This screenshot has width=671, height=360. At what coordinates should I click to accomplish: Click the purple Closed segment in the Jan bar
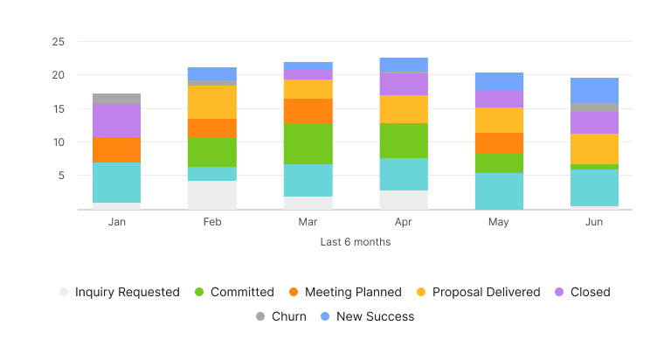click(x=116, y=121)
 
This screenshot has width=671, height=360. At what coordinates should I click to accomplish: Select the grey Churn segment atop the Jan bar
click(x=116, y=99)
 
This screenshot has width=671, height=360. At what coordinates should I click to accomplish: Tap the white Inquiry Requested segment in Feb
click(x=211, y=195)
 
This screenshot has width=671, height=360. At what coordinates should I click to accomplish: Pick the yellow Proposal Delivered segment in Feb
click(x=211, y=102)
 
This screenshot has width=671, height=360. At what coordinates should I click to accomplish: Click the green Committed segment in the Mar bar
click(x=308, y=143)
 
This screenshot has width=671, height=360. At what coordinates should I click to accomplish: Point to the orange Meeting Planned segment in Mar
click(x=308, y=111)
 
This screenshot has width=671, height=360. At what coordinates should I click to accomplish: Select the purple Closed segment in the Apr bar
click(x=403, y=84)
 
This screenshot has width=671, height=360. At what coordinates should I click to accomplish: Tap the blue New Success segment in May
click(x=499, y=81)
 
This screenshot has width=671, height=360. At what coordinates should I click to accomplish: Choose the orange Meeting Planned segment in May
click(x=499, y=143)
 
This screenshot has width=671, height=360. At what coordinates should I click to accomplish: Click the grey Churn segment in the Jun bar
click(x=594, y=107)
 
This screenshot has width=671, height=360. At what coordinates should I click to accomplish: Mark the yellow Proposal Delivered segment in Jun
click(x=594, y=149)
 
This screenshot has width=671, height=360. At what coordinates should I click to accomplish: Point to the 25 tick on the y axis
click(x=58, y=42)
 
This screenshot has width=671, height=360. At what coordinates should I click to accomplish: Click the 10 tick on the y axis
click(x=58, y=142)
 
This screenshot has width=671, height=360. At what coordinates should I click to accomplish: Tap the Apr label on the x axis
click(x=403, y=223)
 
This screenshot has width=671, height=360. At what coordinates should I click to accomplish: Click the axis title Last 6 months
click(x=355, y=242)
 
